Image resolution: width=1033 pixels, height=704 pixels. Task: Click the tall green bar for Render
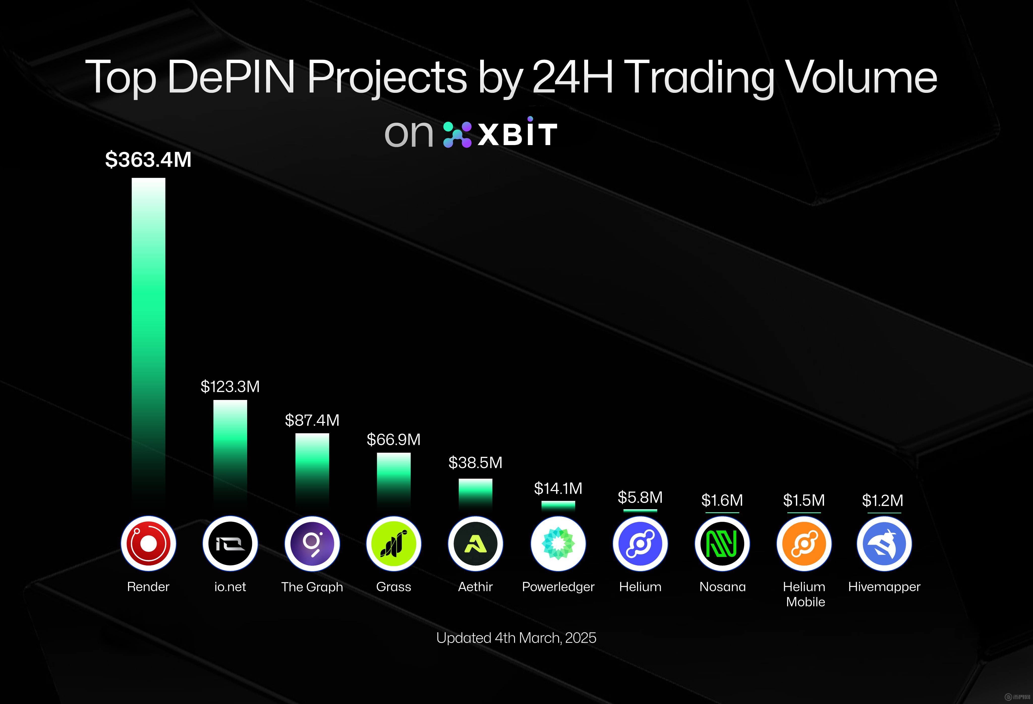point(149,338)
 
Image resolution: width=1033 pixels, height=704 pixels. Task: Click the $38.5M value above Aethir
point(475,463)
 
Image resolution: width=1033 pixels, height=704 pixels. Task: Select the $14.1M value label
point(558,488)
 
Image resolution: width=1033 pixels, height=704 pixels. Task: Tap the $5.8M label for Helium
point(640,497)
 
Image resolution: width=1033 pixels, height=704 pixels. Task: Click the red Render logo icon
point(149,544)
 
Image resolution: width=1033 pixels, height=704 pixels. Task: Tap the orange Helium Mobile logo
point(804,544)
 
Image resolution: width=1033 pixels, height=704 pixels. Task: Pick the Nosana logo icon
point(722,544)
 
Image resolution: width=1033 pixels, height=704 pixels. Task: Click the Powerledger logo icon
point(558,544)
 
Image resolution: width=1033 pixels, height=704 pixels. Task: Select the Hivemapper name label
point(884,587)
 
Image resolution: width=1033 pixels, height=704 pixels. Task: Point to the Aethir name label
point(475,587)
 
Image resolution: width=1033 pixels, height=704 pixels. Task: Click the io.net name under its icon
point(230,587)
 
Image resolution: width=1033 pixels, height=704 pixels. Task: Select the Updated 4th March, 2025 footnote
point(516,638)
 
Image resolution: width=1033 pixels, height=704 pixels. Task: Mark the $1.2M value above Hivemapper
point(883,500)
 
